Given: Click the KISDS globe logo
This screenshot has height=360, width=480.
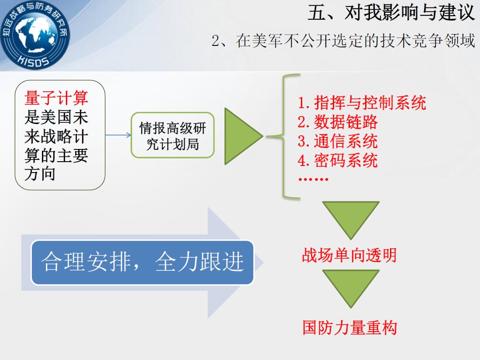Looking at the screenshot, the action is click(x=35, y=34).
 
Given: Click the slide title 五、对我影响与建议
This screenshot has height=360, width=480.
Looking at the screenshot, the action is click(x=391, y=13).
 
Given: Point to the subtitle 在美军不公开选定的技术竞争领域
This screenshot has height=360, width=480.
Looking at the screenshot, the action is click(x=356, y=41).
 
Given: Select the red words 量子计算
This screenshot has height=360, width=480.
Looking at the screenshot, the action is click(x=56, y=98).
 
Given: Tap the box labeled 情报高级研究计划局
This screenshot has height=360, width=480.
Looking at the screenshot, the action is click(x=173, y=135).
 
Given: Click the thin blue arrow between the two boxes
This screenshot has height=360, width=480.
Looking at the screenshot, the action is click(x=118, y=135).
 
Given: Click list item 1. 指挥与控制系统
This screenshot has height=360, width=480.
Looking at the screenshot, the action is click(x=362, y=103).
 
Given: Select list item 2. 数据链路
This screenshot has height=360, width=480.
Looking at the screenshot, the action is click(x=338, y=122).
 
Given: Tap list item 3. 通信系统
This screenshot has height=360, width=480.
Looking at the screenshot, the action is click(x=338, y=141).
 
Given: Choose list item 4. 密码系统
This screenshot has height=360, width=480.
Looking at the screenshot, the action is click(x=338, y=160).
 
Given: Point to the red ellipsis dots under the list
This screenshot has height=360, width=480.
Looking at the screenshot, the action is click(x=313, y=179).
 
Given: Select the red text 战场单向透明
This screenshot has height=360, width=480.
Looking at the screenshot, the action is click(x=349, y=255).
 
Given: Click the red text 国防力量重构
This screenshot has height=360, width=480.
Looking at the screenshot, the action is click(x=349, y=328).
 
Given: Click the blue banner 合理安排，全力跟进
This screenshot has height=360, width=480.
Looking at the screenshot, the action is click(x=143, y=262).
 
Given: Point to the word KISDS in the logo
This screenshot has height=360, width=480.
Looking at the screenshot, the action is click(x=33, y=61).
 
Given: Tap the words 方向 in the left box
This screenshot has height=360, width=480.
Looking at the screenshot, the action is click(x=40, y=174).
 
